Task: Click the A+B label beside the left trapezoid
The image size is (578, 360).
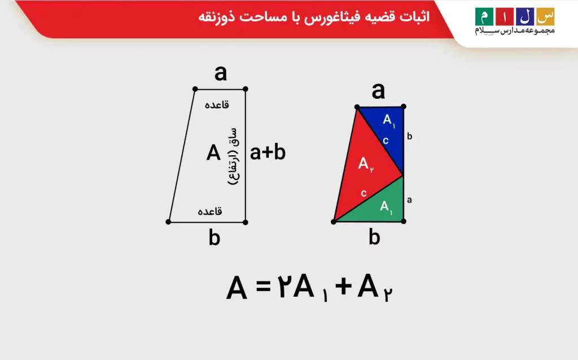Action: tap(268, 153)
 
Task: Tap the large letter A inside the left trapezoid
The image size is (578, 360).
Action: tap(213, 153)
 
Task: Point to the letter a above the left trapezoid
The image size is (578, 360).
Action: tap(221, 73)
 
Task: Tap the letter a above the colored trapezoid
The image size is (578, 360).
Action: tap(378, 90)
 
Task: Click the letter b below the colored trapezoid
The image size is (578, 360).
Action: tap(374, 238)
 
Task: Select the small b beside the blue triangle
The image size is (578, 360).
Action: tap(410, 136)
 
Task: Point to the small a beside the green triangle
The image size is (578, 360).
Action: tap(409, 199)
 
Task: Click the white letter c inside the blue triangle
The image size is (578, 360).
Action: tap(386, 141)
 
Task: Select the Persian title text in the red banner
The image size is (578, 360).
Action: tap(313, 17)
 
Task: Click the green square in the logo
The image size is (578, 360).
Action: tap(484, 16)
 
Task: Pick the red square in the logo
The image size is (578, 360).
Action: tap(505, 16)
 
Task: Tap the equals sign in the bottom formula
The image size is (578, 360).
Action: tap(264, 288)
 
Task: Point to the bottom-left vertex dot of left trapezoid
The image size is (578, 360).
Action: tap(168, 222)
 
